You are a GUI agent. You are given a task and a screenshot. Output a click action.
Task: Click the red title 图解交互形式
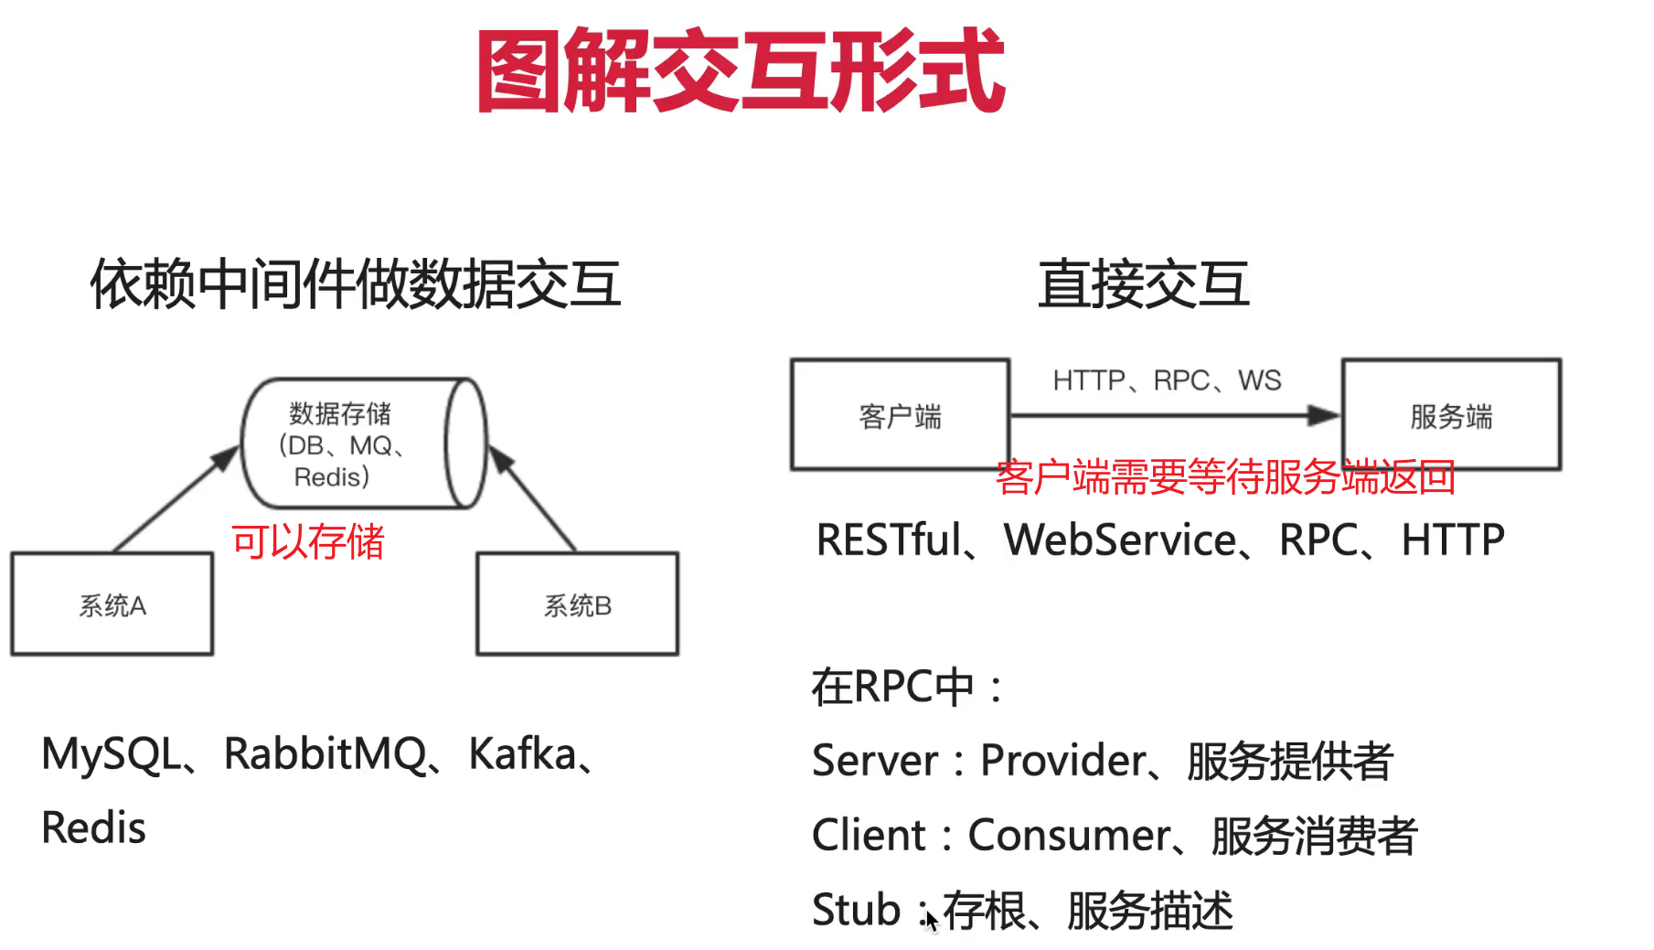[x=741, y=71]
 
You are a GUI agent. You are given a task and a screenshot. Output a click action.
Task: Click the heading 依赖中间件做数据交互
[x=356, y=283]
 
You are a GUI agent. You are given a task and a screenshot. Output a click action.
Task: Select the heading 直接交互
[x=1143, y=283]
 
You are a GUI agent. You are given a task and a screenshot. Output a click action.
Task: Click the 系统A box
[x=112, y=604]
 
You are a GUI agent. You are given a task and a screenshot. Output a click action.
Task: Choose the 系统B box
[x=577, y=604]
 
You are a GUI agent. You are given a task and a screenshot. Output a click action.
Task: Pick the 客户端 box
[x=900, y=415]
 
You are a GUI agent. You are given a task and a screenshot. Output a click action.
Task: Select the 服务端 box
[x=1451, y=415]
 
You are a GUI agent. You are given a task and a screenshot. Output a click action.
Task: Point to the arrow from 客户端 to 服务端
[x=1175, y=416]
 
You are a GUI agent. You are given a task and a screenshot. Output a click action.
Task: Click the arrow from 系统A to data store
[x=174, y=499]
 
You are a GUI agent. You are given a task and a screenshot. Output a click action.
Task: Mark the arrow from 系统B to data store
[x=534, y=499]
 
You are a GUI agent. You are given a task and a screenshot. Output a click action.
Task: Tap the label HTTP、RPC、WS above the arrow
[x=1167, y=380]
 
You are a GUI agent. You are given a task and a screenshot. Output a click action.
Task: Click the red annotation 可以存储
[x=308, y=541]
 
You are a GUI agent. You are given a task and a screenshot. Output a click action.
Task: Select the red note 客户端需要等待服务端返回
[x=1225, y=477]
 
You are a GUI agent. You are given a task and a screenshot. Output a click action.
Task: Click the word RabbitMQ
[x=325, y=755]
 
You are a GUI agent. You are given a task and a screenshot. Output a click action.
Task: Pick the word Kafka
[x=522, y=755]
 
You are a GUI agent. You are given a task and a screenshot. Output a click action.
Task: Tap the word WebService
[x=1120, y=539]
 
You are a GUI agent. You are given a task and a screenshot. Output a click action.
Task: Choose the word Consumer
[x=1069, y=836]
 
